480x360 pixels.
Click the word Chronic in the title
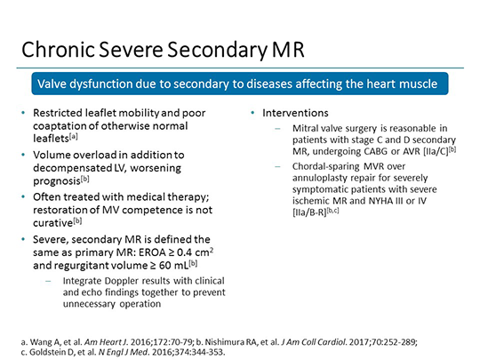(58, 50)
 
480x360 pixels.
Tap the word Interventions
(295, 113)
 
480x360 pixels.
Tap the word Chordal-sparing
(325, 167)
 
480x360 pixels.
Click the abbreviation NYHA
(381, 201)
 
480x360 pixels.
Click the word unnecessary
(89, 304)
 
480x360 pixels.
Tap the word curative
(53, 223)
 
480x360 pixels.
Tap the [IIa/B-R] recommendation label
(309, 212)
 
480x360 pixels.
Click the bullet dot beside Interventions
(252, 113)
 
